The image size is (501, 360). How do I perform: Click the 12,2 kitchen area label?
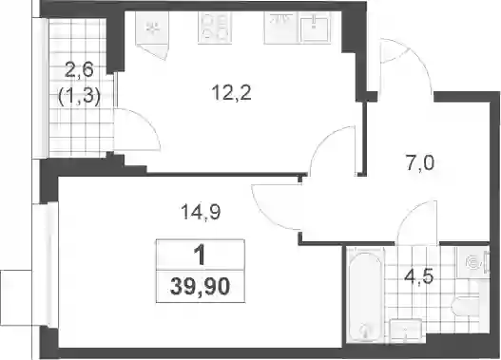tap(231, 93)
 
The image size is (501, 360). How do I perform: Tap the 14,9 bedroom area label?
tap(201, 212)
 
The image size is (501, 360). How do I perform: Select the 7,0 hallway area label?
tap(420, 163)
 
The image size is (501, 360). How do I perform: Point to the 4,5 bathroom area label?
tap(418, 276)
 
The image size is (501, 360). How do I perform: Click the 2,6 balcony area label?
tap(79, 70)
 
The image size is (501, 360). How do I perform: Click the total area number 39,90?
tap(201, 286)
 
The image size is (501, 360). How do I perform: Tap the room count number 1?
tap(201, 256)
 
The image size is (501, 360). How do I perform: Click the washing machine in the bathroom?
tap(472, 262)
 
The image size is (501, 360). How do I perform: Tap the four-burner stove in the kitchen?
tap(215, 28)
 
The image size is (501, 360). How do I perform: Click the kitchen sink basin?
tap(314, 28)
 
